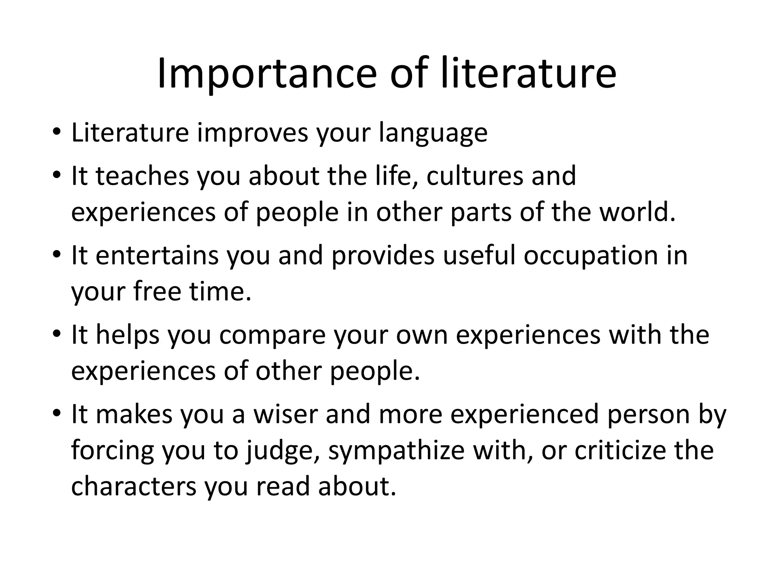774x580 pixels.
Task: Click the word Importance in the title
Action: point(266,74)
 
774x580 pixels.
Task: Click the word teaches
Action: point(142,176)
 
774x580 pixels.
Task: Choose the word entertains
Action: point(157,256)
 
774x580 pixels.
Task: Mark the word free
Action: point(157,292)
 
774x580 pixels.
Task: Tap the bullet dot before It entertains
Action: point(57,256)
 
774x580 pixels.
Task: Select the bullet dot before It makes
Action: point(57,414)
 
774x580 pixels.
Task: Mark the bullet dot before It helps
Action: point(57,335)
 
